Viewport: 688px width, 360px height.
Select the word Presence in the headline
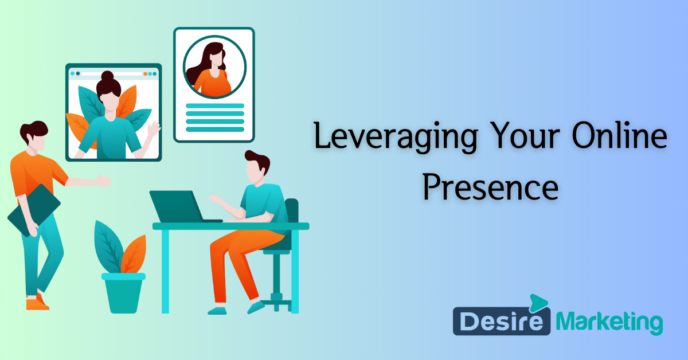[x=490, y=187]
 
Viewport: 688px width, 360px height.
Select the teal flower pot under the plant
[x=123, y=292]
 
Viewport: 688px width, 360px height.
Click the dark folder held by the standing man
[x=33, y=210]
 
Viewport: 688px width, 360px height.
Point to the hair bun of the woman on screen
[x=107, y=76]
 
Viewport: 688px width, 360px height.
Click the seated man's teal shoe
[x=218, y=310]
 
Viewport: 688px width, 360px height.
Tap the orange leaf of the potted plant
[x=134, y=253]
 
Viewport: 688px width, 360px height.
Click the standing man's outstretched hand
[x=103, y=181]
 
